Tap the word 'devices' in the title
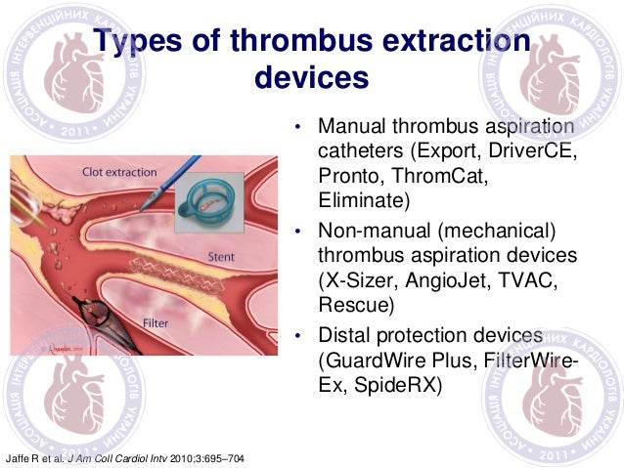[310, 76]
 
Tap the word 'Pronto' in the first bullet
[348, 177]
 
